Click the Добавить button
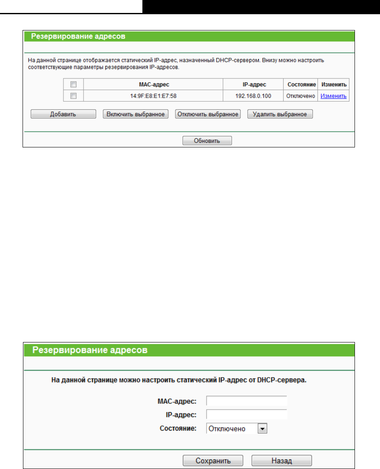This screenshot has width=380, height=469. (63, 114)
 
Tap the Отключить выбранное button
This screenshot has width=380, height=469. (208, 114)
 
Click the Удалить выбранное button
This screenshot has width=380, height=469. (280, 114)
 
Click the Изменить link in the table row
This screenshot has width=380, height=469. (333, 96)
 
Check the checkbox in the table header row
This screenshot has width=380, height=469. (73, 84)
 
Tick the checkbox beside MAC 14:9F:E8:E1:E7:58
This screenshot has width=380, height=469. (73, 96)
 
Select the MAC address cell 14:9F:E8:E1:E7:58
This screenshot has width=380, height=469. (153, 96)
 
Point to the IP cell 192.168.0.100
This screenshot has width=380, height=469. (253, 96)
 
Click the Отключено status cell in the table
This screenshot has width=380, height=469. (300, 96)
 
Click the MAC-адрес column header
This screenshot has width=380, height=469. (153, 84)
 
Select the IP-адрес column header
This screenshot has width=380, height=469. (253, 84)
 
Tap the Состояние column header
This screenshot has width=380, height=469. (300, 84)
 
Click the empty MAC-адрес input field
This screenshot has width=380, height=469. (247, 401)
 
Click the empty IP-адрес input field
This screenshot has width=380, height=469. (247, 415)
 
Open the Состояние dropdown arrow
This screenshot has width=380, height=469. (262, 428)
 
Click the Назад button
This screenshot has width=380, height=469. (281, 461)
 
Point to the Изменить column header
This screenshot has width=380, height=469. (334, 84)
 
